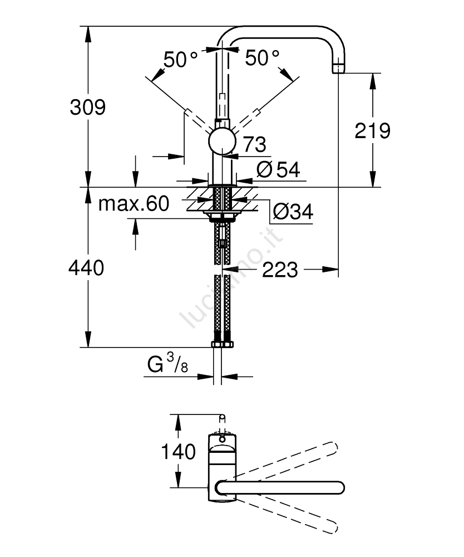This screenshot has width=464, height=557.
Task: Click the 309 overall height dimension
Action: point(87,106)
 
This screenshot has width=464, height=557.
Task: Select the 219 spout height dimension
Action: point(372,131)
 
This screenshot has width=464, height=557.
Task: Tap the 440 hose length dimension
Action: point(86,268)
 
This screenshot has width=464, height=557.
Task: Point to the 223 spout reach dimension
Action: point(279,270)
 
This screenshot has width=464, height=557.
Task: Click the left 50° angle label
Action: point(181,58)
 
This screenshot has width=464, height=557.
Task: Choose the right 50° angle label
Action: point(262,57)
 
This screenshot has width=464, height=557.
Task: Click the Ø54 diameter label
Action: point(278,169)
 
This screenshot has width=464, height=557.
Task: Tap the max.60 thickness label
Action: point(134,204)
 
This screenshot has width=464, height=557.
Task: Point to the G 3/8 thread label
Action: point(167,365)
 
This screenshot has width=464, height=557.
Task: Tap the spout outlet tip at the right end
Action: point(338,68)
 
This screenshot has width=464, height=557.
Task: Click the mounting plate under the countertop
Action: point(223,214)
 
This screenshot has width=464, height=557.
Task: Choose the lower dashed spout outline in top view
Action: point(289,513)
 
